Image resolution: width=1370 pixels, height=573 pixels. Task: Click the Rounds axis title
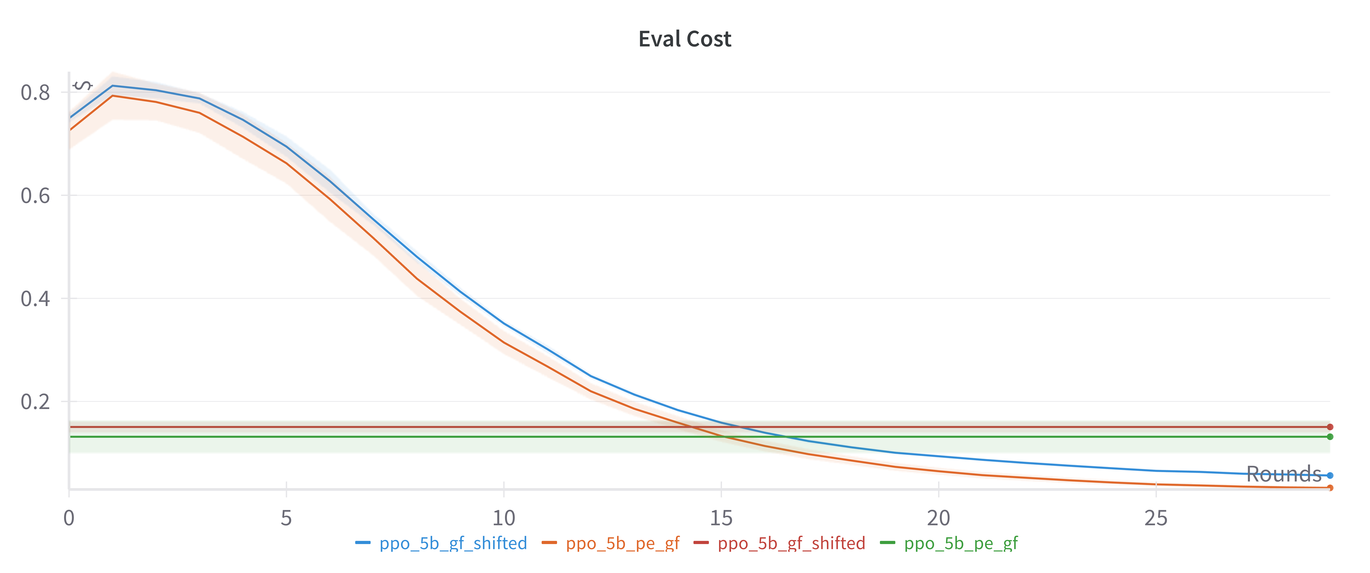pyautogui.click(x=1283, y=474)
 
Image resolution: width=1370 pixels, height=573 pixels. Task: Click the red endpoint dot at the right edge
pyautogui.click(x=1330, y=427)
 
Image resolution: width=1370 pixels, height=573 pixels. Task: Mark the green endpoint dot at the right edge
pyautogui.click(x=1330, y=437)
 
